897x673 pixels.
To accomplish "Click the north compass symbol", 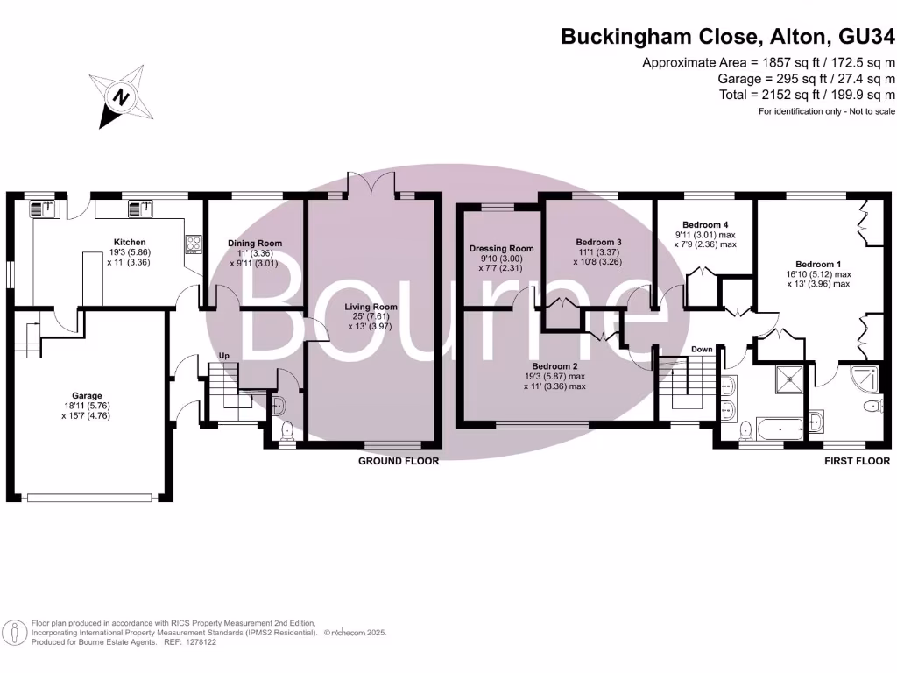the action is click(121, 96).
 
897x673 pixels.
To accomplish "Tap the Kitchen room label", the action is click(130, 242).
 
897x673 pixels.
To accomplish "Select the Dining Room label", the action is click(255, 244).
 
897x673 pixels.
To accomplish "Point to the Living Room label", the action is click(371, 307).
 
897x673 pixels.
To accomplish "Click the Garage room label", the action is click(87, 395).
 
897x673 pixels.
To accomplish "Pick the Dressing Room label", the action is click(501, 248).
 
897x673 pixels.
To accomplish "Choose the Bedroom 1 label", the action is click(818, 265).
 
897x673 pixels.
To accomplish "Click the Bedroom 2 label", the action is click(554, 366).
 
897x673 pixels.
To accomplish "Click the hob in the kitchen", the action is click(194, 244).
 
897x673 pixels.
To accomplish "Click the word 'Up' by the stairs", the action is click(223, 356).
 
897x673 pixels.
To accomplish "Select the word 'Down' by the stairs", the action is click(702, 349).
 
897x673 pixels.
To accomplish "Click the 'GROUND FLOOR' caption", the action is click(399, 461).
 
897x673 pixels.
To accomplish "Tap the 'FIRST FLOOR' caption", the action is click(857, 461).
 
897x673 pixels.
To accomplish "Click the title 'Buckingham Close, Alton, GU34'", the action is click(728, 36).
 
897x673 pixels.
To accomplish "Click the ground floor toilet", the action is click(287, 430).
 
